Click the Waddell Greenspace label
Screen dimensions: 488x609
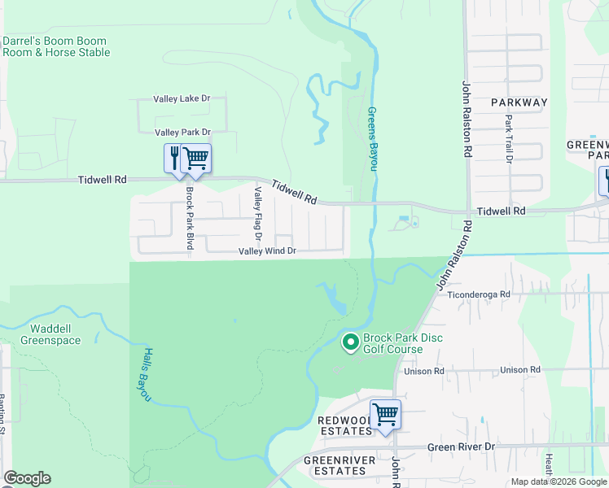click(x=55, y=334)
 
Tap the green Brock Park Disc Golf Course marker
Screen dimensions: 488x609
click(x=351, y=343)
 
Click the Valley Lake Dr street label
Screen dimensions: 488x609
click(x=182, y=99)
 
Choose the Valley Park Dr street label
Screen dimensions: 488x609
click(x=182, y=132)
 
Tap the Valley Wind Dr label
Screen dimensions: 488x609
click(x=266, y=251)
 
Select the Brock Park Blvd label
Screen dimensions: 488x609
click(x=190, y=218)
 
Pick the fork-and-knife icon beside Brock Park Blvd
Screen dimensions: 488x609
click(x=174, y=157)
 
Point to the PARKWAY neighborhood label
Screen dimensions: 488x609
click(x=519, y=102)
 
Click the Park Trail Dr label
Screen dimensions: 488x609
click(x=509, y=139)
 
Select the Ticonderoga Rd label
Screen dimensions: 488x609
click(x=480, y=294)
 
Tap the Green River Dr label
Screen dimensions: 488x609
click(x=461, y=447)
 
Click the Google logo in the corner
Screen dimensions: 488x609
click(x=27, y=478)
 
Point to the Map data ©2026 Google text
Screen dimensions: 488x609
click(x=558, y=481)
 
